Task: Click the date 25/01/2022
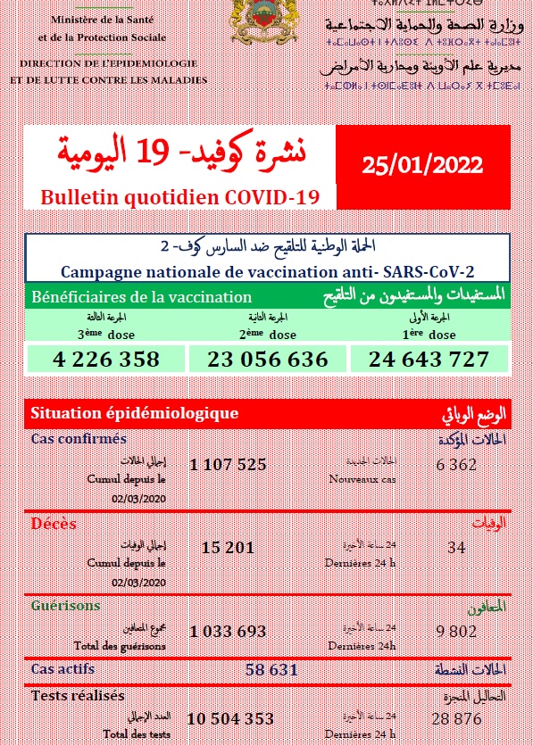click(423, 164)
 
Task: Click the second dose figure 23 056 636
click(268, 360)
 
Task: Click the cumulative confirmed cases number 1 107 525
click(228, 465)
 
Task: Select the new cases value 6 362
click(456, 465)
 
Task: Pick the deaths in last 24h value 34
click(456, 547)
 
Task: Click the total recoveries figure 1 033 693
click(228, 631)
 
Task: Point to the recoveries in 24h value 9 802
click(456, 631)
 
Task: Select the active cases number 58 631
click(280, 668)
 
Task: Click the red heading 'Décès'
click(54, 524)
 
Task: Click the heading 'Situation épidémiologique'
click(134, 413)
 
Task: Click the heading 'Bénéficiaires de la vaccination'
click(141, 297)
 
